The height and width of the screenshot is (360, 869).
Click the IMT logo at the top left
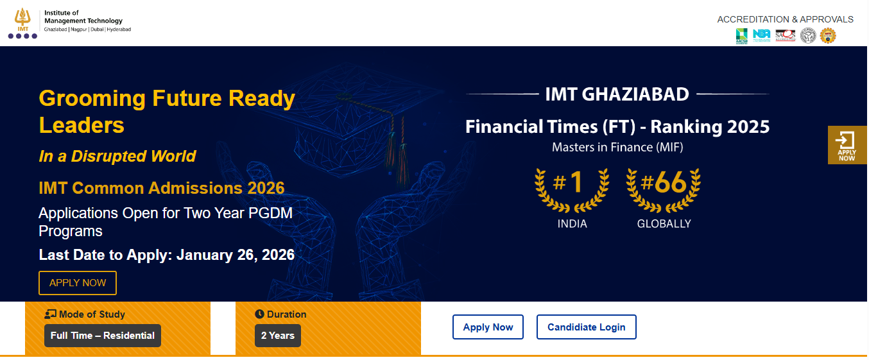(22, 23)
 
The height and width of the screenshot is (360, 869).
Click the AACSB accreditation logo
(741, 36)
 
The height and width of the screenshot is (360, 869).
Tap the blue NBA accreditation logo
(762, 35)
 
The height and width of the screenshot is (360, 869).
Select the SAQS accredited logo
(785, 35)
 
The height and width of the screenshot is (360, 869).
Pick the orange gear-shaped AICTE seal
(828, 36)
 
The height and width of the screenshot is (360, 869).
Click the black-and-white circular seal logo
(807, 36)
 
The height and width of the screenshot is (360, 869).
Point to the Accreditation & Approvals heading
(785, 19)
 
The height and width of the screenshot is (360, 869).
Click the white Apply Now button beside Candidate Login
(488, 327)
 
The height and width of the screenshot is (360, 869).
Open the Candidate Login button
(586, 327)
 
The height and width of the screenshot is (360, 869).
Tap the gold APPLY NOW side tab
(847, 145)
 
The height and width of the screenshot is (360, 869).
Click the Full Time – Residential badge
(103, 336)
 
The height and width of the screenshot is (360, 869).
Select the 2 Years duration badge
(277, 336)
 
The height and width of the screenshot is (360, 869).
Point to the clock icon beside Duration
(259, 314)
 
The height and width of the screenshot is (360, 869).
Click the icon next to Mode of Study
(51, 314)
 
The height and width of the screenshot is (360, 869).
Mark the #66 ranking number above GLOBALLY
(664, 183)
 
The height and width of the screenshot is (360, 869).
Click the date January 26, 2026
(236, 255)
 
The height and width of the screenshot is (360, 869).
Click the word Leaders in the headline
(82, 124)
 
